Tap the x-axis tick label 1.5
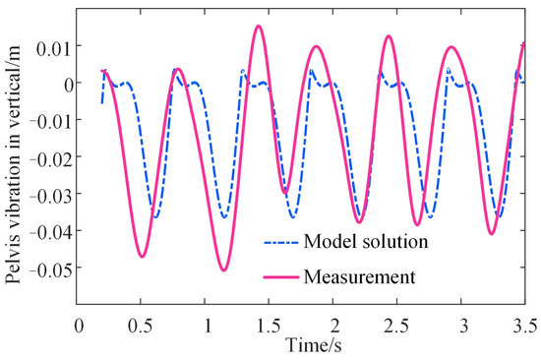coord(270,325)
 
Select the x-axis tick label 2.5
coord(398,325)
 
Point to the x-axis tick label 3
coord(463,325)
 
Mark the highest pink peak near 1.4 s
coord(258,27)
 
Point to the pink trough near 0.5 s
coord(143,257)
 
